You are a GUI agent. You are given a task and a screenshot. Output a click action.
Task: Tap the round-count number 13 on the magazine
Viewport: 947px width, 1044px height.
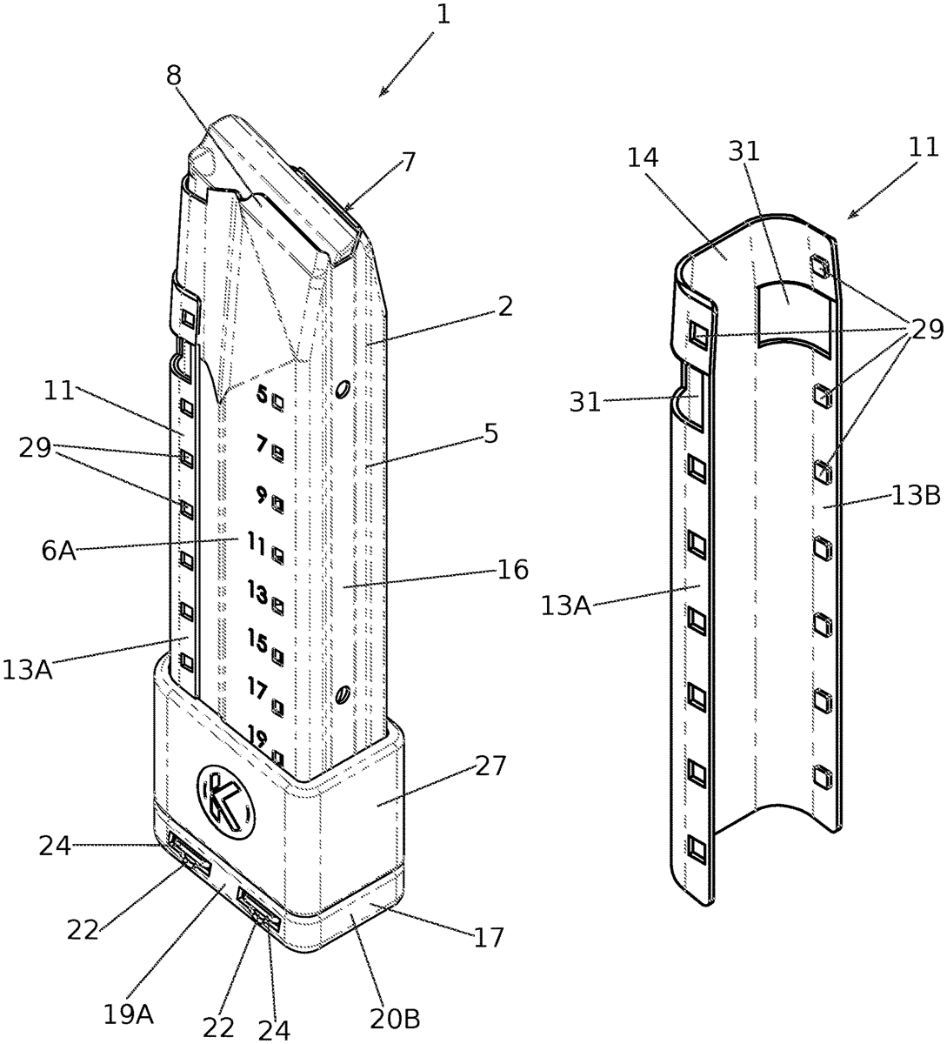[x=258, y=593]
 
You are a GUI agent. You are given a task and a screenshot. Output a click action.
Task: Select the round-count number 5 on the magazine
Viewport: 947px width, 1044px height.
[x=263, y=394]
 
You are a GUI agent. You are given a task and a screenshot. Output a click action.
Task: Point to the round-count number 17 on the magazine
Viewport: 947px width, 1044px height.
[x=258, y=690]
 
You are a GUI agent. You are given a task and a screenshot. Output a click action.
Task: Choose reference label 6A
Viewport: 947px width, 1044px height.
[x=59, y=551]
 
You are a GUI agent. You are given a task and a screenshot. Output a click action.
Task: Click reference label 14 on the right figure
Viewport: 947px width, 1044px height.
[x=643, y=157]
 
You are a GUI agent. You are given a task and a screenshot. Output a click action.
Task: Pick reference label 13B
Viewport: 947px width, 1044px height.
[x=916, y=495]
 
